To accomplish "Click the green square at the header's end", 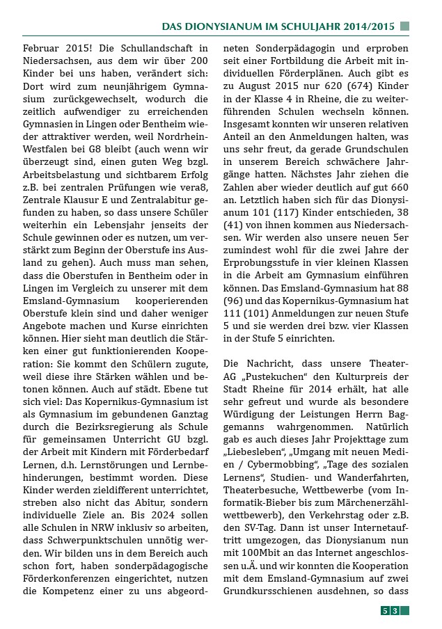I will pos(405,26).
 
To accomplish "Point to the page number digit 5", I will pos(384,611).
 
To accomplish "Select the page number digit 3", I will pos(395,611).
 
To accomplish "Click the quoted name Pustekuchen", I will pos(276,377).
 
